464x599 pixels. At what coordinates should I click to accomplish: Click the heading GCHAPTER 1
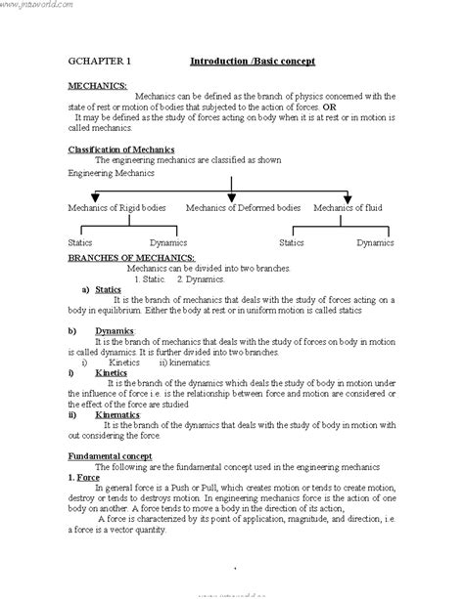coord(101,62)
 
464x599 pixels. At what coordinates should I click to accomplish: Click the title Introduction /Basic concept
coord(252,62)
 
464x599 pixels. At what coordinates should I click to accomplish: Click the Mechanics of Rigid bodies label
coord(116,207)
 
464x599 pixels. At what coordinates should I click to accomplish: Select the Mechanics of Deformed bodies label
coord(243,207)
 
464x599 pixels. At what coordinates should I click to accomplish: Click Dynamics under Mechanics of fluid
coord(375,241)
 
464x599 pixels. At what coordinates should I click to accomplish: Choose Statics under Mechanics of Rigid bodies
coord(80,241)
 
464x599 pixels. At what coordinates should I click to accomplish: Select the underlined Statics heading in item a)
coord(109,289)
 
